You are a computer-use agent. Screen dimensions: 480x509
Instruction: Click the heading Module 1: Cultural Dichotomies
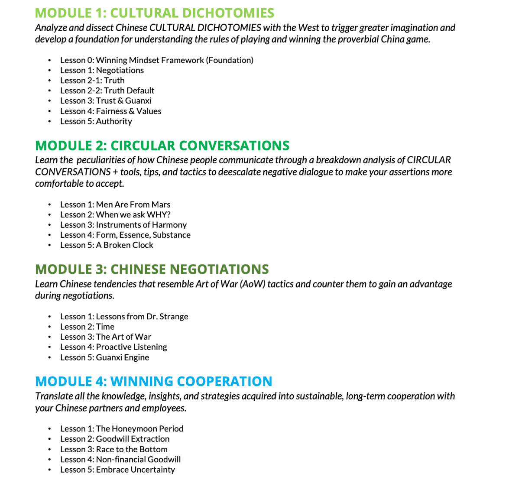(x=155, y=13)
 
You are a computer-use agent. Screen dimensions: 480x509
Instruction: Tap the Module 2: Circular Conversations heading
(x=162, y=145)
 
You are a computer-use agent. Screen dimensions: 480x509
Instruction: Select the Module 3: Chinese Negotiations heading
(x=152, y=269)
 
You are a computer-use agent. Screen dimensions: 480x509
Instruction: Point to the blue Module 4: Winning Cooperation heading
(x=154, y=381)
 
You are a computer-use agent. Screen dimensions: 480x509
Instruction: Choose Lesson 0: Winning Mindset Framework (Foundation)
(x=157, y=60)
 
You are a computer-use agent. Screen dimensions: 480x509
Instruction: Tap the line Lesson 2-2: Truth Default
(x=107, y=91)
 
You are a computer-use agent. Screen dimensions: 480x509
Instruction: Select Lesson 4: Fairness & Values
(x=110, y=111)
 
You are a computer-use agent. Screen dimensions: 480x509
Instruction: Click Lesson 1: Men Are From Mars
(x=115, y=204)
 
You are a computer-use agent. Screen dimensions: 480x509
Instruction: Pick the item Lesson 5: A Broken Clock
(x=107, y=245)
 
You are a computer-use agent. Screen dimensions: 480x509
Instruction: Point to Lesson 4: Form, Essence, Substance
(x=125, y=235)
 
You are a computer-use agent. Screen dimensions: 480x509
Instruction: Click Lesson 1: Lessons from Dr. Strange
(x=124, y=317)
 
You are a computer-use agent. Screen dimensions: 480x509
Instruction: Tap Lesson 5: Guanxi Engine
(x=105, y=357)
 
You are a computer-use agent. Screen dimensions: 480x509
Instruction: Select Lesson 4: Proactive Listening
(x=113, y=347)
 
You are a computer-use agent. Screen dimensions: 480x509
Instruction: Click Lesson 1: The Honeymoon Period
(x=122, y=429)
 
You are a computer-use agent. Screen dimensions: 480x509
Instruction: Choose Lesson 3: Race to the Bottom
(x=114, y=449)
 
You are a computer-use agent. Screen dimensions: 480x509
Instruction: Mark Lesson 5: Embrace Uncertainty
(x=117, y=470)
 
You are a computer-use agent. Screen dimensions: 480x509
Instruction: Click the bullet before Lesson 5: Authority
(x=50, y=122)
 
